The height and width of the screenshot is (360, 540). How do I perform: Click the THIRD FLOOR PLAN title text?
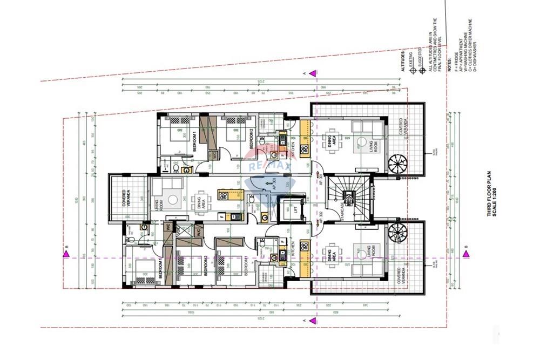coord(489,199)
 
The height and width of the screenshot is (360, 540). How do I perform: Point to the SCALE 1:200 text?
coord(496,199)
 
